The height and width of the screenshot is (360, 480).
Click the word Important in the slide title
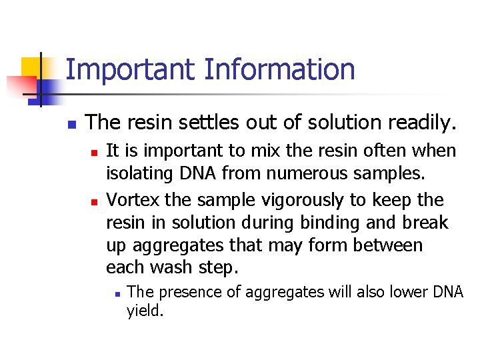(x=131, y=70)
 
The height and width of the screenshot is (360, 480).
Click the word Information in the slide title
(x=279, y=70)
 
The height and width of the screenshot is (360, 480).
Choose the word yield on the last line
(x=145, y=311)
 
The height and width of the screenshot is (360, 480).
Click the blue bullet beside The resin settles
(x=71, y=123)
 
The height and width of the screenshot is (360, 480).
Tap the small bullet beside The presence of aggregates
(x=115, y=293)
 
